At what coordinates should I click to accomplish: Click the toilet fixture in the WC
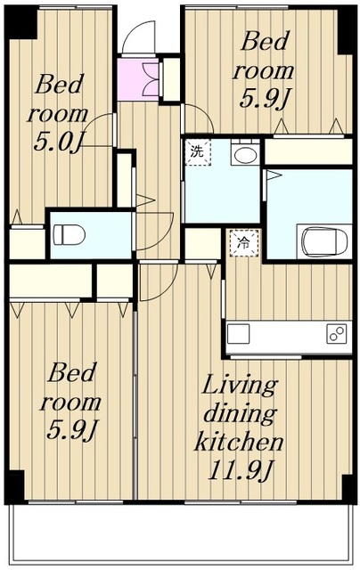(69, 234)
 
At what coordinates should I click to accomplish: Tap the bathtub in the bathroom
(324, 241)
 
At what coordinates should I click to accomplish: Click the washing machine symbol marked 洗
(198, 152)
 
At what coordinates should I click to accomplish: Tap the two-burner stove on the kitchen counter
(336, 334)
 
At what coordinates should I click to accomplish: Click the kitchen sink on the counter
(239, 334)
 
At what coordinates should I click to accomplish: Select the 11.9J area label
(241, 470)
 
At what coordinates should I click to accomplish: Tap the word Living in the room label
(240, 386)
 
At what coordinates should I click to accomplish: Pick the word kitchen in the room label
(239, 442)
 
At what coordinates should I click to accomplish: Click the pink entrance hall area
(138, 79)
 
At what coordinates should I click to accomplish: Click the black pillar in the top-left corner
(20, 22)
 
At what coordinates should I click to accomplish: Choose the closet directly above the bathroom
(308, 151)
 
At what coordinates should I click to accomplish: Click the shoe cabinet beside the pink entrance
(170, 79)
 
